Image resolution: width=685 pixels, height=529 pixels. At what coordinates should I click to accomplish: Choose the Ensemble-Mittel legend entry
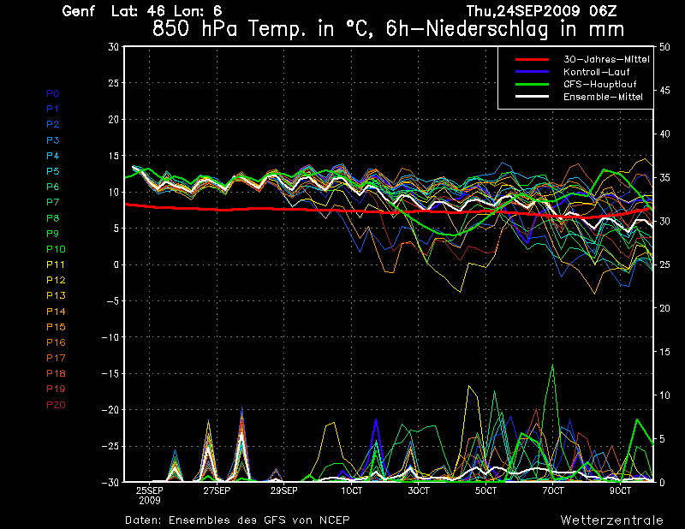pyautogui.click(x=603, y=97)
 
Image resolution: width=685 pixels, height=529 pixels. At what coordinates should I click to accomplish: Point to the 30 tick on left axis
pyautogui.click(x=113, y=47)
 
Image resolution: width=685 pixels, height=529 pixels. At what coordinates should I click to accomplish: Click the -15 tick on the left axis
pyautogui.click(x=109, y=373)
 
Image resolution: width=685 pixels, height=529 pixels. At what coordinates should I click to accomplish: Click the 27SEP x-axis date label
pyautogui.click(x=216, y=491)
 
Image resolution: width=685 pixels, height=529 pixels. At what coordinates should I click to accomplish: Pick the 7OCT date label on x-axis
pyautogui.click(x=552, y=491)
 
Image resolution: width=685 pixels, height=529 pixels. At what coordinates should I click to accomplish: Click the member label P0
pyautogui.click(x=52, y=92)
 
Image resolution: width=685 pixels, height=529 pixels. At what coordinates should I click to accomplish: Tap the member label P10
pyautogui.click(x=55, y=248)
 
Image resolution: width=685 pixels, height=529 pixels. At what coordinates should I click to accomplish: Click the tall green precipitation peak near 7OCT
pyautogui.click(x=552, y=366)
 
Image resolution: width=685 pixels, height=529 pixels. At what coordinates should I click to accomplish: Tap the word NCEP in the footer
pyautogui.click(x=332, y=520)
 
